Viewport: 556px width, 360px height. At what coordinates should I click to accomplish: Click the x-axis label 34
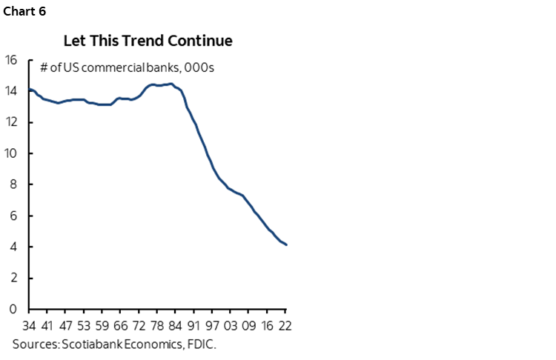(x=30, y=326)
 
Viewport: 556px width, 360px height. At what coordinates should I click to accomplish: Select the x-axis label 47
(x=67, y=326)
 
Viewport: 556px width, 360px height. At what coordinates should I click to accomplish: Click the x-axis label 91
(x=195, y=326)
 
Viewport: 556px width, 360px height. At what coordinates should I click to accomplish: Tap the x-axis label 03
(x=231, y=326)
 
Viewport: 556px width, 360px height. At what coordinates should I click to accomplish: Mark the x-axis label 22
(x=285, y=326)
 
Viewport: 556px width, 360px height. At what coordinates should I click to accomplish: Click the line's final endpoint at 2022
(x=286, y=244)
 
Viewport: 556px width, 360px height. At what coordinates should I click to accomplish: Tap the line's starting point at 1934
(x=30, y=90)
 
